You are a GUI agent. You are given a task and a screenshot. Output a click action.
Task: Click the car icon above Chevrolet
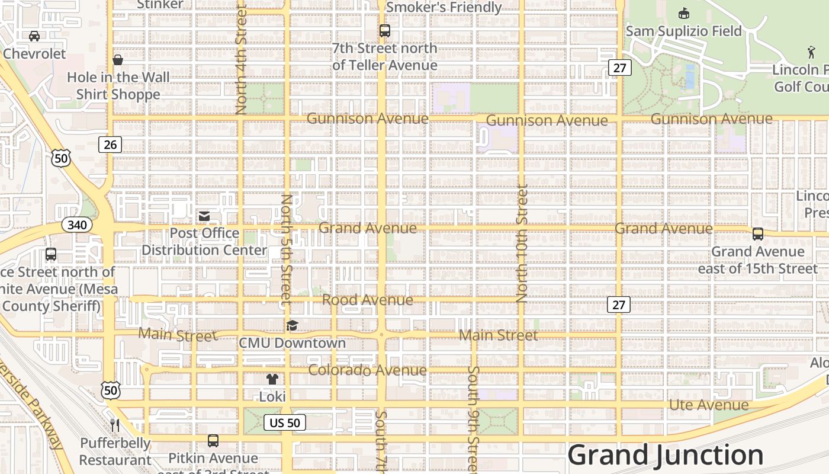(x=34, y=36)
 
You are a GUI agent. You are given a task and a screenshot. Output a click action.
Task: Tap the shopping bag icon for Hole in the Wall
(x=118, y=60)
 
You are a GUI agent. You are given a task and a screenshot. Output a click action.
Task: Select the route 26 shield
(x=110, y=145)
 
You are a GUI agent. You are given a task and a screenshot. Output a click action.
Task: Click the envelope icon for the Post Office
(x=204, y=216)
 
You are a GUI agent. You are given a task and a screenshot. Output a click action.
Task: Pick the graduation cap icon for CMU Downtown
(x=292, y=325)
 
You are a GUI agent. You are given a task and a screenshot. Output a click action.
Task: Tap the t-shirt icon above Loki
(x=272, y=379)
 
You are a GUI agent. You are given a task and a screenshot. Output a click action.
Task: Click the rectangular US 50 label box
(x=285, y=422)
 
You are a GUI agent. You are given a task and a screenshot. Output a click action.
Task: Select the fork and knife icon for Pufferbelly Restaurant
(x=115, y=425)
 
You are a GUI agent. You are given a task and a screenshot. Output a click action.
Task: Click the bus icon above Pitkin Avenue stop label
(x=213, y=441)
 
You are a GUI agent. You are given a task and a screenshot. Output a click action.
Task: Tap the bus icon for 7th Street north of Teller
(x=385, y=31)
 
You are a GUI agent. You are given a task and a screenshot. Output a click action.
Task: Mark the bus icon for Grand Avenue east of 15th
(x=758, y=234)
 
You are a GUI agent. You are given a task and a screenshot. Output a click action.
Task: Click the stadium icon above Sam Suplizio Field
(x=683, y=13)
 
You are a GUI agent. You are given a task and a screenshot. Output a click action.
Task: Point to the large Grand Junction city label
(x=666, y=455)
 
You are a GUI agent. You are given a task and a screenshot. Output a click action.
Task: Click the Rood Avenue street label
(x=367, y=300)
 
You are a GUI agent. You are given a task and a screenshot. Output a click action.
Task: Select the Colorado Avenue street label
(x=367, y=370)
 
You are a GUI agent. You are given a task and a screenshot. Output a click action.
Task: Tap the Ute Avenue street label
(x=709, y=405)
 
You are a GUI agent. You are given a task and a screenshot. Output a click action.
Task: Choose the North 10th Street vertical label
(x=522, y=243)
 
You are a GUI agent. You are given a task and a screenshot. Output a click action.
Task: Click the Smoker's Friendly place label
(x=444, y=7)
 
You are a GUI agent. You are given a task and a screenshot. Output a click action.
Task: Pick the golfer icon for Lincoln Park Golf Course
(x=811, y=52)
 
